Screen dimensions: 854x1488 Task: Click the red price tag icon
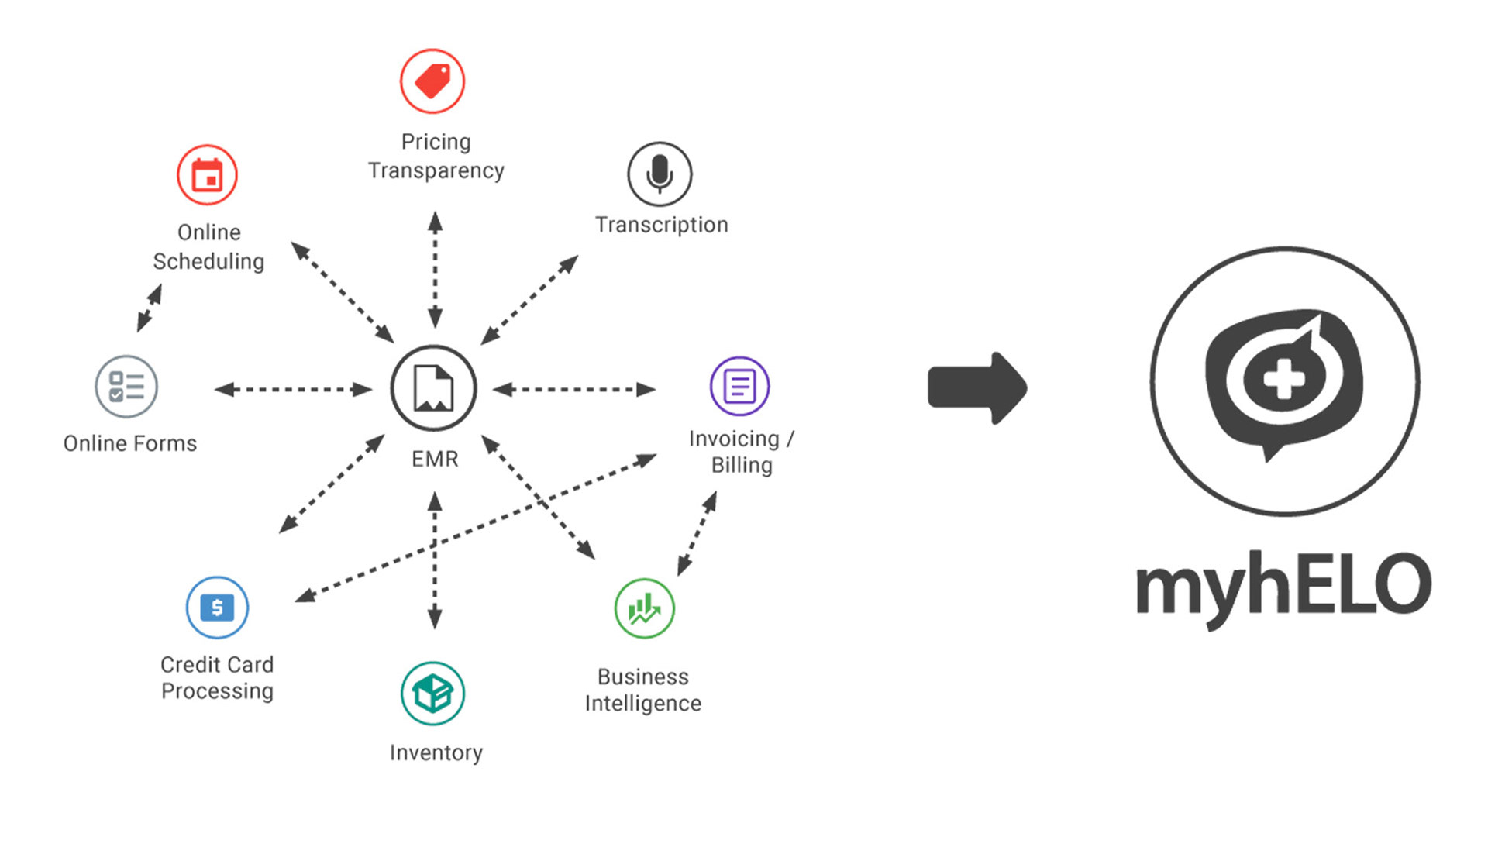tap(432, 81)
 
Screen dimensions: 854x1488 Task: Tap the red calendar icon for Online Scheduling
tap(207, 175)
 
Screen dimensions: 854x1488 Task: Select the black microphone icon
tap(660, 174)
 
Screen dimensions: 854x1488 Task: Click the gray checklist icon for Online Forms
tap(126, 386)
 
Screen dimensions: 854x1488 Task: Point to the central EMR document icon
tap(433, 387)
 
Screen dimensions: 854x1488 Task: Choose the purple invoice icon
tap(739, 386)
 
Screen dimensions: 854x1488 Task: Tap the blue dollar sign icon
tap(217, 608)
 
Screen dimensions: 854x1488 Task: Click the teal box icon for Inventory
tap(432, 693)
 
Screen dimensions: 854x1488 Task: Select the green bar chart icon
tap(644, 608)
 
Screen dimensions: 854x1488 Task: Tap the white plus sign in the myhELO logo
tap(1283, 378)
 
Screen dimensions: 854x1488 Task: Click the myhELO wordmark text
tap(1283, 587)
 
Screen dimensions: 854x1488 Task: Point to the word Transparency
tap(436, 170)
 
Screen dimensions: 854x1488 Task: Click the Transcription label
tap(661, 225)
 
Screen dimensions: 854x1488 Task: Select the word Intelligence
tap(642, 704)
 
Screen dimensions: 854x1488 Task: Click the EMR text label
tap(435, 459)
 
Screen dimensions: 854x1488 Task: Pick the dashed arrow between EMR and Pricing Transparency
tap(435, 270)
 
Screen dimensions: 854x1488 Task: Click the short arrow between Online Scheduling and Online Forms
tap(150, 308)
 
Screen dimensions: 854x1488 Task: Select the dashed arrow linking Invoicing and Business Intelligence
tap(697, 533)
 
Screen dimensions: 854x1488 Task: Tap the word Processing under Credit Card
tap(217, 691)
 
